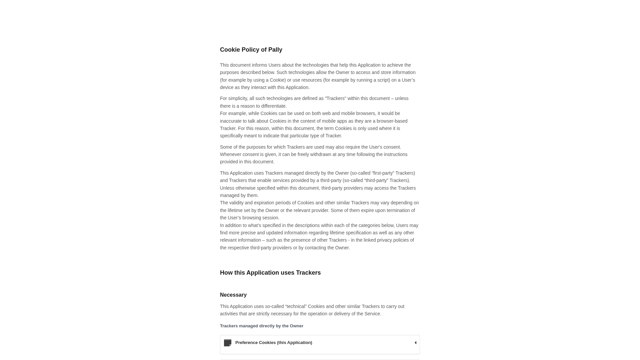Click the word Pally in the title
pos(275,50)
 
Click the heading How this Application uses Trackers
pos(270,273)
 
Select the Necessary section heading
pos(233,295)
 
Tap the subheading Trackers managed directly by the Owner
pos(261,326)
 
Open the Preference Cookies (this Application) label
pos(273,343)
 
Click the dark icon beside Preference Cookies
pos(228,343)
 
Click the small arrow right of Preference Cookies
pos(415,343)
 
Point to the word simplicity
pos(237,99)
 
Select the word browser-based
pos(392,121)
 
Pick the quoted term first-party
pos(383,173)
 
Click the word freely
pos(303,154)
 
